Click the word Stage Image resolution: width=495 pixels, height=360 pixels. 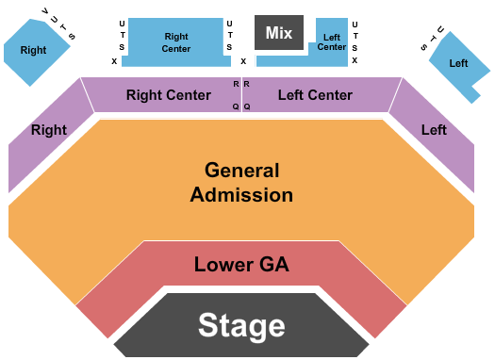click(240, 326)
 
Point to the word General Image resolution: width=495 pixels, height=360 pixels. click(242, 171)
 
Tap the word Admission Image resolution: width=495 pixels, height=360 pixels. click(241, 195)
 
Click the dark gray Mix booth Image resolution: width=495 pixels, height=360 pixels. click(278, 33)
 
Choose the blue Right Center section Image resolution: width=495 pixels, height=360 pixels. click(175, 42)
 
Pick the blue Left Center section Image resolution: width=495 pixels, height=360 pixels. click(330, 41)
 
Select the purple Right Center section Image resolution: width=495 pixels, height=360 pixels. click(168, 95)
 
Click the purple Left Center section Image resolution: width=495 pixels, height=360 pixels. click(316, 95)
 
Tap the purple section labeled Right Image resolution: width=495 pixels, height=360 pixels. click(47, 130)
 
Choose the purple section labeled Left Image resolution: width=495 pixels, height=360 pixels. click(434, 130)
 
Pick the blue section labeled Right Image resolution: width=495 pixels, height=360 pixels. click(33, 50)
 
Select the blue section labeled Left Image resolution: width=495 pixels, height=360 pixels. click(458, 63)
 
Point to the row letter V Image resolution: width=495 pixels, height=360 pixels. click(43, 10)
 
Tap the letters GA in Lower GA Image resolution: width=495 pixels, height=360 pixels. click(271, 264)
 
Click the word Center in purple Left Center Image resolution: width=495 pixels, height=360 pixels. click(329, 95)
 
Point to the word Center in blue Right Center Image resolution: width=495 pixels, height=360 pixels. click(175, 48)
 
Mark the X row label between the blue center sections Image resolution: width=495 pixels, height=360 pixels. click(243, 61)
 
